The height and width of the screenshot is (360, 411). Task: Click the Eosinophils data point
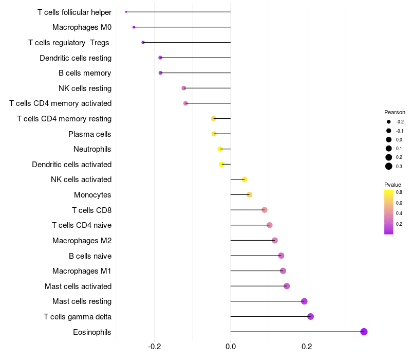click(364, 332)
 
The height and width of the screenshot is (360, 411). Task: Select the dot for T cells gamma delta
click(310, 316)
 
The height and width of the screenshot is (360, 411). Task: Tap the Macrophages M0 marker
click(134, 27)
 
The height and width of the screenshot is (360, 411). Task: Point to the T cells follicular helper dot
click(126, 12)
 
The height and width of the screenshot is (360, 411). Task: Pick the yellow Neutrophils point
click(220, 149)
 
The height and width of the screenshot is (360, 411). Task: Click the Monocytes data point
click(249, 195)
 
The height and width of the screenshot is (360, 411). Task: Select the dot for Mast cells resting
click(304, 301)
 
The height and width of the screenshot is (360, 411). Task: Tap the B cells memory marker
click(160, 73)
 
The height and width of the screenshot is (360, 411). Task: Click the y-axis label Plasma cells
click(90, 134)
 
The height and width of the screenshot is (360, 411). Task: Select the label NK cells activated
click(81, 179)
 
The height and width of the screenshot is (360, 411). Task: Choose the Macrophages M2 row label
click(82, 240)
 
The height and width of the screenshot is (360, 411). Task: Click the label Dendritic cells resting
click(76, 58)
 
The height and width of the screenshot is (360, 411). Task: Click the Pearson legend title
click(395, 112)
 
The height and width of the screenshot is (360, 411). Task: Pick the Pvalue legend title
click(393, 185)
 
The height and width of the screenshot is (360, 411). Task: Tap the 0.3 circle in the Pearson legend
click(389, 166)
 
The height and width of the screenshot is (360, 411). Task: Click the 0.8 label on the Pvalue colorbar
click(399, 192)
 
